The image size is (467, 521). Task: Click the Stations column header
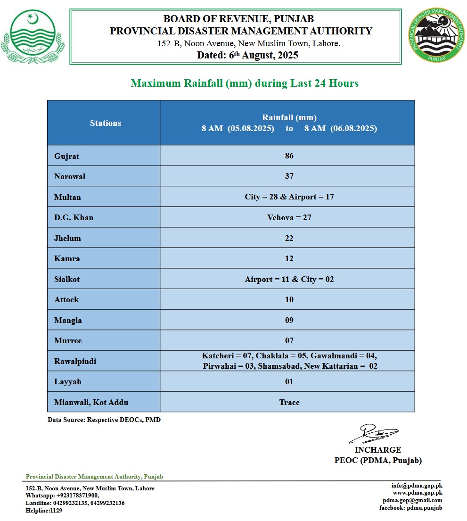[x=106, y=123]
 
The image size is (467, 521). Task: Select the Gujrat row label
[x=66, y=156]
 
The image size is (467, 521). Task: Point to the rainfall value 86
[x=289, y=156]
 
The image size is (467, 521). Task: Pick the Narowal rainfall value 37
[x=289, y=176]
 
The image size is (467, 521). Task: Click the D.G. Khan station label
[x=74, y=217]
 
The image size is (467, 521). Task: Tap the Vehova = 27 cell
[x=289, y=217]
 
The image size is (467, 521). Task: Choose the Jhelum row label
[x=67, y=238]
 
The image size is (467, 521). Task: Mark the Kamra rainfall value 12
[x=289, y=258]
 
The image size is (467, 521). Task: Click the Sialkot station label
[x=67, y=279]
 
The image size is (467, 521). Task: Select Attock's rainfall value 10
[x=289, y=299]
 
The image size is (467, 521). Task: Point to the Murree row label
[x=67, y=340]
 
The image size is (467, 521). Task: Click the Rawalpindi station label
[x=75, y=362]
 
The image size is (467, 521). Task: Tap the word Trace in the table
[x=289, y=402]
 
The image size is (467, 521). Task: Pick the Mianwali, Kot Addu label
[x=91, y=402]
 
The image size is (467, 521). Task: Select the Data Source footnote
[x=104, y=419]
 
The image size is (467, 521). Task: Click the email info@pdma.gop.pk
[x=417, y=486]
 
